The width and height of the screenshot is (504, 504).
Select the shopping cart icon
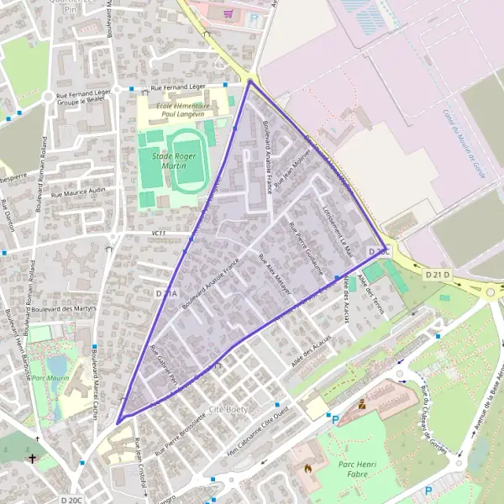pos(228,13)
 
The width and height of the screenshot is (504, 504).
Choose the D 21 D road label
pos(437,275)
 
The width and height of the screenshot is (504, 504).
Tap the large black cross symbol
pos(33,459)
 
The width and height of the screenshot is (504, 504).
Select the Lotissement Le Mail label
pos(337,230)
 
